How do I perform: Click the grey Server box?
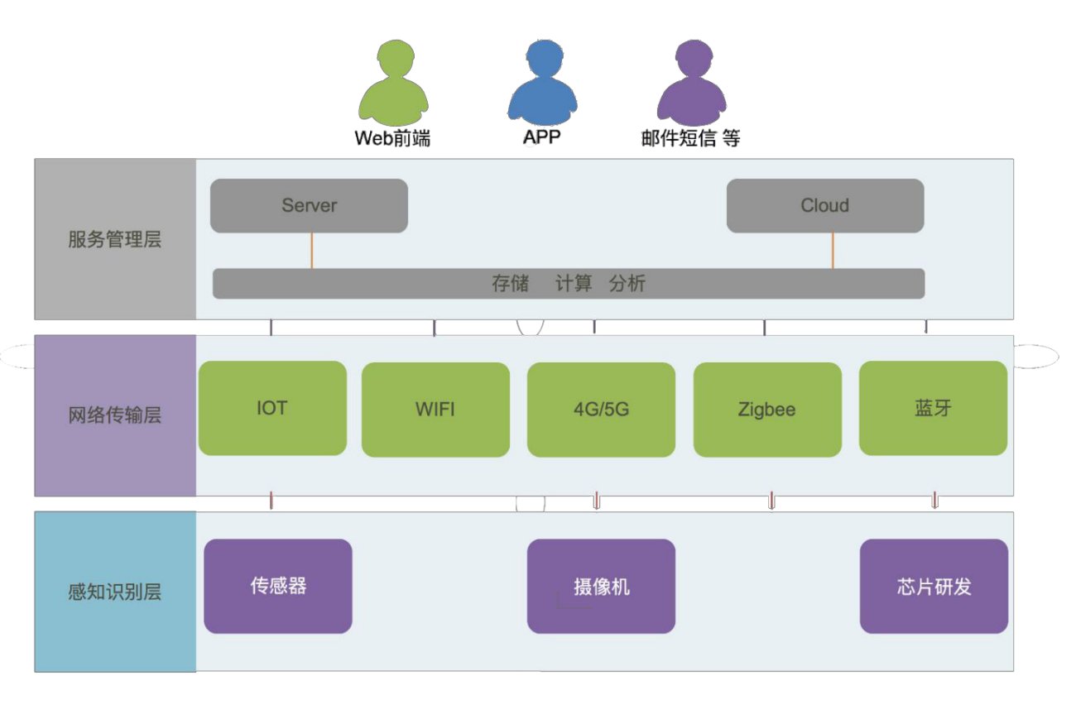tap(309, 205)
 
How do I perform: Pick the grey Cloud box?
tap(824, 205)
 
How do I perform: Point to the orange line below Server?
tap(311, 250)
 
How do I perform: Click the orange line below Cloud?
tap(832, 250)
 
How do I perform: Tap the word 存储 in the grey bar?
tap(510, 284)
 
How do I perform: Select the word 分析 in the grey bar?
tap(627, 284)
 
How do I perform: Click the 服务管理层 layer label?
tap(114, 240)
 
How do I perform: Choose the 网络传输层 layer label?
tap(114, 415)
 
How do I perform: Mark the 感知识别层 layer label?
tap(114, 592)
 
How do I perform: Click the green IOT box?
tap(272, 408)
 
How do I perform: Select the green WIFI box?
tap(435, 409)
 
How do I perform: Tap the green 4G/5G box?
tap(601, 409)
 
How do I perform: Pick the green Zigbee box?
tap(766, 409)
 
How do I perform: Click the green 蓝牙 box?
tap(933, 408)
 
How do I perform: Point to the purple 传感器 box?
tap(278, 586)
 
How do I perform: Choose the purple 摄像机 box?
tap(601, 586)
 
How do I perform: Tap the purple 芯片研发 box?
tap(934, 586)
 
